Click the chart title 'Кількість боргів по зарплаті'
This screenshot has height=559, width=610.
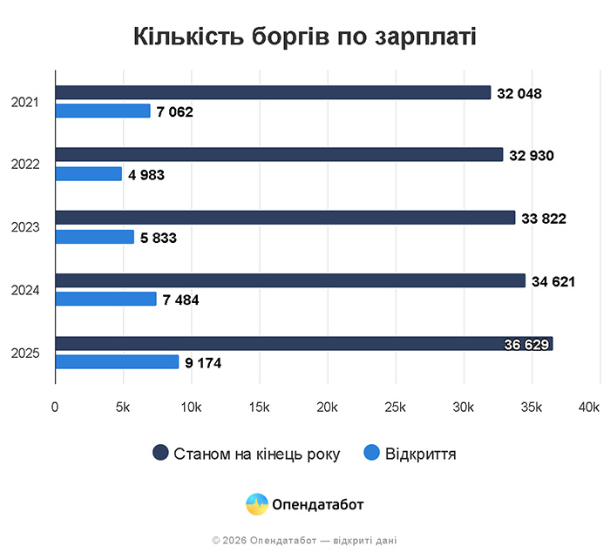click(x=304, y=37)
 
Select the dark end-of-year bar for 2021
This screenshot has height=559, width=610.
click(x=273, y=92)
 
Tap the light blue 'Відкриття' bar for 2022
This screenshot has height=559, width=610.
click(x=88, y=174)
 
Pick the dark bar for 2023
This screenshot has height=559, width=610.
click(x=285, y=218)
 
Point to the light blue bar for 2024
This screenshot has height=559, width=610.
click(x=105, y=300)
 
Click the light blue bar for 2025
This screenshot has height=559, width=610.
click(x=117, y=362)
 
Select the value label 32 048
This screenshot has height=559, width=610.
click(x=519, y=93)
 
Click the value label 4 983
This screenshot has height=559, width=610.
click(x=146, y=175)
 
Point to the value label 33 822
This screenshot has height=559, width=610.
click(x=544, y=219)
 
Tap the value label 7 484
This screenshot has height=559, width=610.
click(x=180, y=300)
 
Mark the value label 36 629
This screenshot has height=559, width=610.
click(x=526, y=345)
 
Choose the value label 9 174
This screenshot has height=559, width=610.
click(x=203, y=363)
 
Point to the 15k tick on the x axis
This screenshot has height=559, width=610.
click(x=259, y=407)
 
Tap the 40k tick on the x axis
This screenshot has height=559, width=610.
click(x=589, y=407)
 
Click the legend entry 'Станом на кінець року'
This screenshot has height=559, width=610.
click(x=256, y=454)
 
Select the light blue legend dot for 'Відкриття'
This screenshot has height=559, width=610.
click(x=372, y=454)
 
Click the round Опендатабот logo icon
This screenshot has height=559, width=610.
click(x=257, y=504)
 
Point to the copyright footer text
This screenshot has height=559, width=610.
click(x=304, y=541)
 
